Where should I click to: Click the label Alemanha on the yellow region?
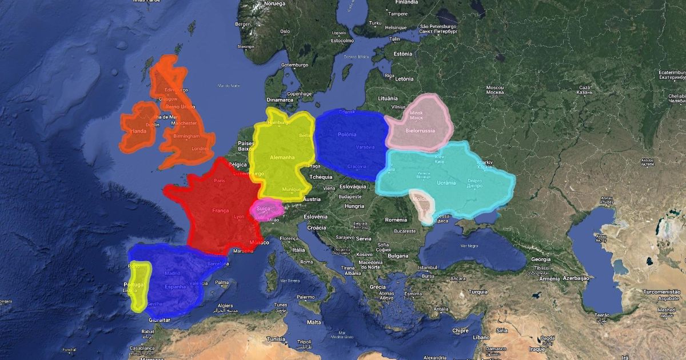tap(282, 157)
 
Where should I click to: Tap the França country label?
tap(220, 210)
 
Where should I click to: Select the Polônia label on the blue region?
tap(347, 134)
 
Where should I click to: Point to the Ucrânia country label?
tap(446, 183)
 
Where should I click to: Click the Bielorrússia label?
tap(420, 130)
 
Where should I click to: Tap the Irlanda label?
tap(138, 131)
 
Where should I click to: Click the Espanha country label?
tap(175, 286)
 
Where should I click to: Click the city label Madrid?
tap(172, 273)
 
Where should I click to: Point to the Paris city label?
tap(220, 181)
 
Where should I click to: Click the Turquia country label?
tap(478, 291)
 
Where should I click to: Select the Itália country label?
tap(299, 250)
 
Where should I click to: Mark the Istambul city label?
tap(426, 267)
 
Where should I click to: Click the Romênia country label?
tap(396, 220)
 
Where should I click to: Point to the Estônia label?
tap(402, 54)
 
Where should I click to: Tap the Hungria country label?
tap(354, 206)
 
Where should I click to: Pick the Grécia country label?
tap(377, 287)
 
